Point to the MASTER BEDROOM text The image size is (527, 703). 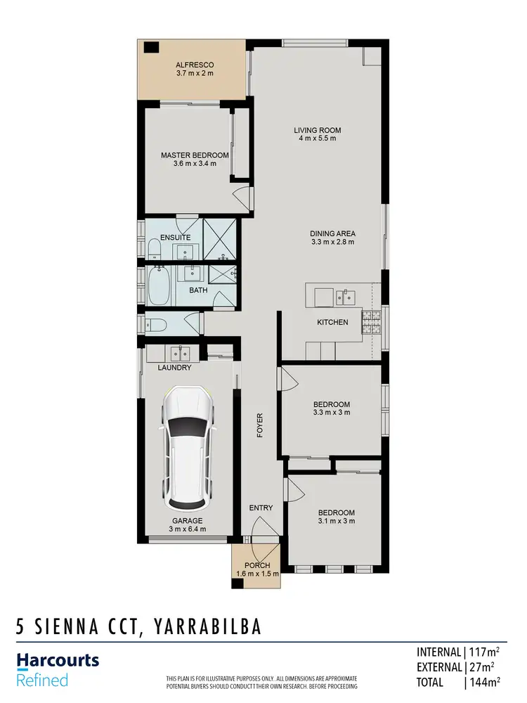(195, 155)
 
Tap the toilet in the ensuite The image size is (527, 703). (154, 247)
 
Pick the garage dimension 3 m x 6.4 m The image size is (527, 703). (187, 529)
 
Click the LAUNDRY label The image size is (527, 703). (175, 368)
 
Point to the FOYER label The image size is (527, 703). (259, 425)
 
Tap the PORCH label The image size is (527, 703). (256, 565)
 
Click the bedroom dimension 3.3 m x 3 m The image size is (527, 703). (332, 413)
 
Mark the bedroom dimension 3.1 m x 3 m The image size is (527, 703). (336, 521)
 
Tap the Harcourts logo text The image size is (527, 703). (58, 661)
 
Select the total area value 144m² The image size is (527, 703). (484, 682)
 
